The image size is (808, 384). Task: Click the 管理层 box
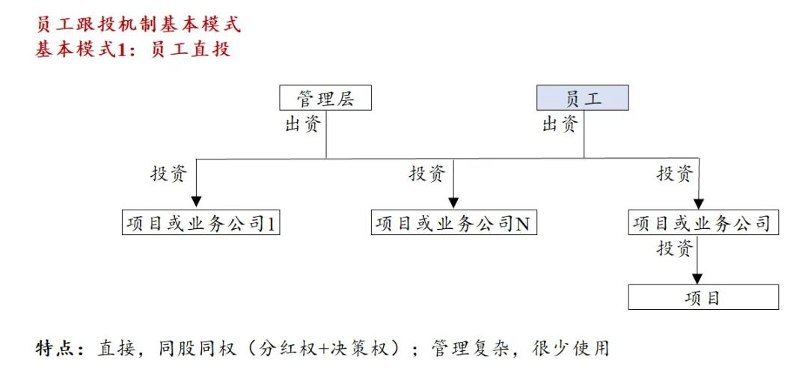pyautogui.click(x=325, y=98)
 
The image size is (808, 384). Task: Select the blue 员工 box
pyautogui.click(x=583, y=98)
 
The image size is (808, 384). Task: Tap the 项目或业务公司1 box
pyautogui.click(x=201, y=223)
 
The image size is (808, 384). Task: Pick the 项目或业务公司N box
pyautogui.click(x=453, y=223)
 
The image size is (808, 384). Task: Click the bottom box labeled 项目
pyautogui.click(x=703, y=297)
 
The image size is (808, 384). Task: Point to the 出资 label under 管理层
pyautogui.click(x=303, y=124)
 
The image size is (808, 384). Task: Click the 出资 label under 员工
pyautogui.click(x=560, y=124)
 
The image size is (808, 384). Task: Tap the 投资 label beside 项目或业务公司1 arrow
pyautogui.click(x=169, y=174)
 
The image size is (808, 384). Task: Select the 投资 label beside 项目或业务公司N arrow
pyautogui.click(x=426, y=174)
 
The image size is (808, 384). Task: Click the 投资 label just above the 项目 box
pyautogui.click(x=675, y=248)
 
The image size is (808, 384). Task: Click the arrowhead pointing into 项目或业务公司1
pyautogui.click(x=196, y=203)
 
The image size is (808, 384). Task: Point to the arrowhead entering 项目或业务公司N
pyautogui.click(x=453, y=203)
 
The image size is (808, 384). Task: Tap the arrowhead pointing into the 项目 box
pyautogui.click(x=697, y=278)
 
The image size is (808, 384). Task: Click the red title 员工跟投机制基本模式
pyautogui.click(x=138, y=24)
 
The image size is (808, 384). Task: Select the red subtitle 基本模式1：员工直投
pyautogui.click(x=133, y=50)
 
